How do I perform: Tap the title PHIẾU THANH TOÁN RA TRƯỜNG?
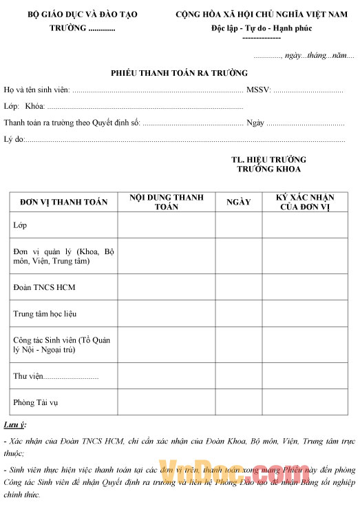[180, 73]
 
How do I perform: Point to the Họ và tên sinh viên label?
[37, 90]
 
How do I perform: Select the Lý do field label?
[14, 139]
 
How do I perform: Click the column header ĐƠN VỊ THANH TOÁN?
[64, 202]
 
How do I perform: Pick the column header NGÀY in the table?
[238, 202]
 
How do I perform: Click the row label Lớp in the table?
[21, 225]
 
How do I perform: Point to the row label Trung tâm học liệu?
[45, 313]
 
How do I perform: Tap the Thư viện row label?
[29, 377]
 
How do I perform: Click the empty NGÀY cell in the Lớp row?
[239, 225]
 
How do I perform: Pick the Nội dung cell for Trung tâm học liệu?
[167, 313]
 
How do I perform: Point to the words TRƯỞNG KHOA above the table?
[268, 169]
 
